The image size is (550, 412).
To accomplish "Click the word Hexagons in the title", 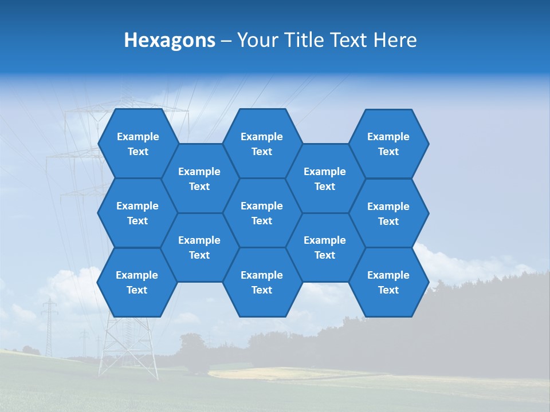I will (170, 40).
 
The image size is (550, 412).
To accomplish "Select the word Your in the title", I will (256, 40).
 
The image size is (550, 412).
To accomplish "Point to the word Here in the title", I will (395, 40).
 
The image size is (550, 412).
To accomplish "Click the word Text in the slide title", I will (346, 40).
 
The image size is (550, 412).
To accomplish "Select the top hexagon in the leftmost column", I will (137, 144).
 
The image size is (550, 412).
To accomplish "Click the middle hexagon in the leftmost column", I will (137, 213).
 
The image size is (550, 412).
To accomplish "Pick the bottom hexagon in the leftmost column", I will (137, 282).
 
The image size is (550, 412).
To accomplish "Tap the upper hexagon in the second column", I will (199, 179).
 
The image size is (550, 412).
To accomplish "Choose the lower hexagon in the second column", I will (199, 247).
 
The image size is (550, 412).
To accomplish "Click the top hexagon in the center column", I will (262, 144).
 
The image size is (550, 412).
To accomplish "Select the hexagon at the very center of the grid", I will (262, 213).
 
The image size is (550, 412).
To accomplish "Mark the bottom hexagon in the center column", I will (262, 282).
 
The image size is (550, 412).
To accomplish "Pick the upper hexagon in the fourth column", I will (325, 179).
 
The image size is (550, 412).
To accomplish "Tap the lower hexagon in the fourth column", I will (325, 247).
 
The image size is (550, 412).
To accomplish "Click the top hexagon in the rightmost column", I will (388, 144).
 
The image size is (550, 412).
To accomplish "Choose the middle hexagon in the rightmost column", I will (388, 213).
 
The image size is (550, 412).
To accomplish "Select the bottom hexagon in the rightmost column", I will (388, 282).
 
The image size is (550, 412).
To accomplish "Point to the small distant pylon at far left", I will (49, 326).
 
